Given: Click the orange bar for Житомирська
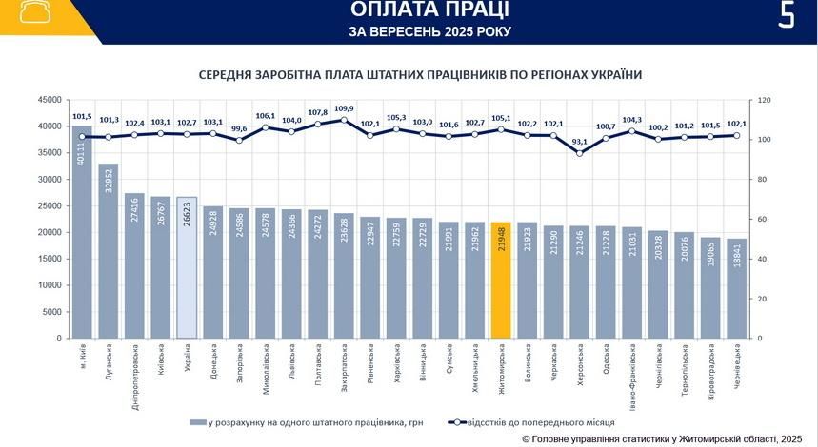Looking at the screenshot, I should click(501, 281).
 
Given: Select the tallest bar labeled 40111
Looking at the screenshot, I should click(83, 233).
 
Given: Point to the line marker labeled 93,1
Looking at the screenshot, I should click(580, 152).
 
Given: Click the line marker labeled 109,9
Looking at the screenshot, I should click(344, 120).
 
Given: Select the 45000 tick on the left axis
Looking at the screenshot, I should click(49, 100).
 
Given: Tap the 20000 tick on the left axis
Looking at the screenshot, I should click(49, 232).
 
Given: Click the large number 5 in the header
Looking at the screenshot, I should click(786, 16).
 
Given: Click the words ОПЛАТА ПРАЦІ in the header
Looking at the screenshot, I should click(429, 10).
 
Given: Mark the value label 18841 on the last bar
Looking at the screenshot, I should click(738, 258).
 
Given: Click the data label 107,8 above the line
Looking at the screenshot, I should click(317, 112).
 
